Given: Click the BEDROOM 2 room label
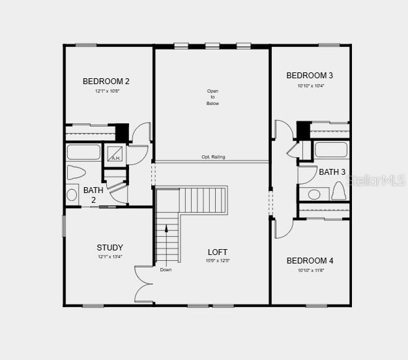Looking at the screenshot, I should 106,82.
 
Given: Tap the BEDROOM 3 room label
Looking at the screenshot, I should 310,76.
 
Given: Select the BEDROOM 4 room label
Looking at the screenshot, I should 310,261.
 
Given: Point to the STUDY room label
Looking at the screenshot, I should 109,248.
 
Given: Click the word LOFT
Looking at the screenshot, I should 218,252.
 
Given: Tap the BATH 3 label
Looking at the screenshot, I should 332,172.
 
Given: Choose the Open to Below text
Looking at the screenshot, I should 212,97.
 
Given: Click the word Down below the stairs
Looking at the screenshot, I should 166,269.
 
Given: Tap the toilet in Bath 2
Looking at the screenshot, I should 76,173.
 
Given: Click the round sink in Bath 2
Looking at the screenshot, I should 72,194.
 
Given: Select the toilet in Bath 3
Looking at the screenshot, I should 338,191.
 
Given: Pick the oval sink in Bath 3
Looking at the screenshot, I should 314,194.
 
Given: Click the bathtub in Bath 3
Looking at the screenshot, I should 332,150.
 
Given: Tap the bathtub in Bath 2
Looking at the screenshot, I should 83,153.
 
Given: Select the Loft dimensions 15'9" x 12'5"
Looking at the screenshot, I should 218,261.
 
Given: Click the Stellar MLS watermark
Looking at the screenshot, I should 377,180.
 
